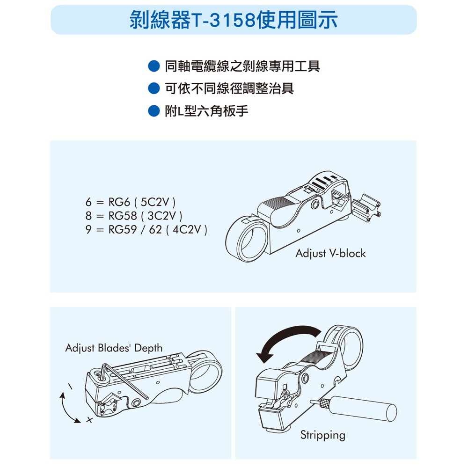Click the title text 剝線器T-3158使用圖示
234,20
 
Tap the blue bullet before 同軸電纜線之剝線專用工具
154,66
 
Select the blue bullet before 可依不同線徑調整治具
154,88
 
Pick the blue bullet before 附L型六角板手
154,111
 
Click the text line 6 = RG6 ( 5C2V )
131,202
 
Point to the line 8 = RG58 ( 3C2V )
134,216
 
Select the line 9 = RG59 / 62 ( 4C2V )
146,229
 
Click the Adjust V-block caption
331,253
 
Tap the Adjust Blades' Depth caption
114,348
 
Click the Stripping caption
322,435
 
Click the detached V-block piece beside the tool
366,208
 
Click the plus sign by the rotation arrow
89,420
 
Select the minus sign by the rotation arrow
71,387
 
